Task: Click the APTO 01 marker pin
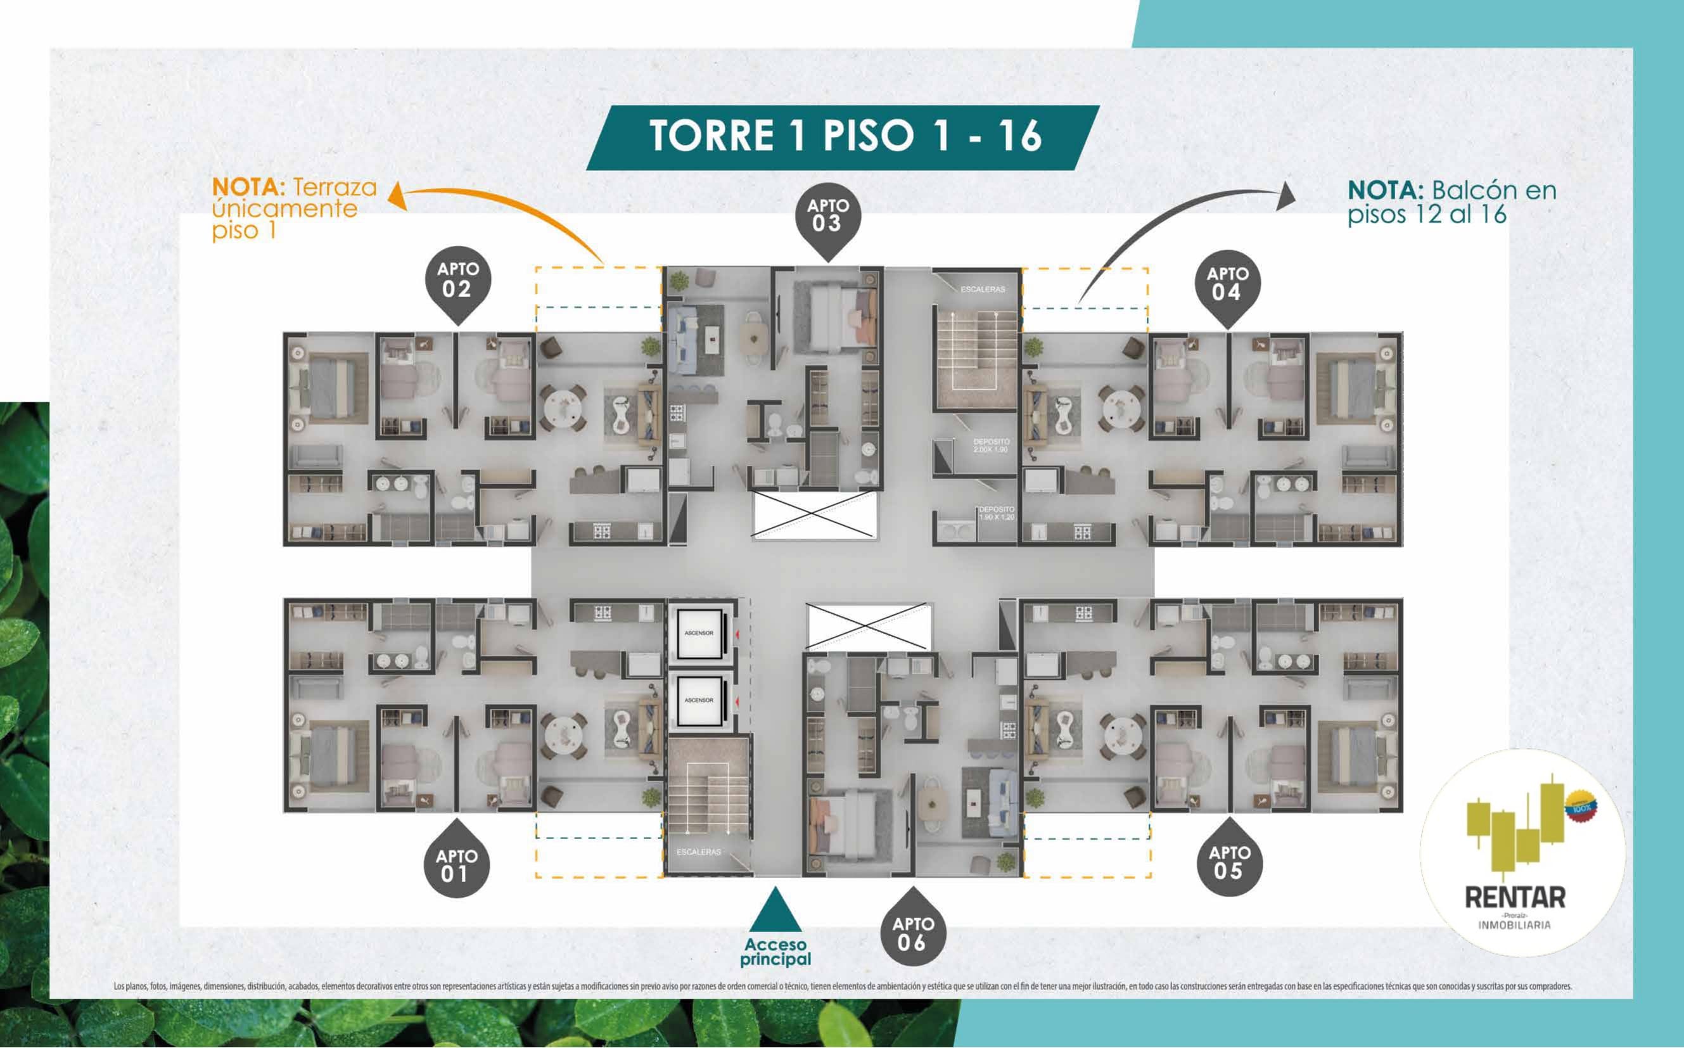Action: point(456,864)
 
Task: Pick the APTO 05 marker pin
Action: point(1229,862)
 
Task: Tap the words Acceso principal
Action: point(775,952)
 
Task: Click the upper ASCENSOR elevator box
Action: point(699,633)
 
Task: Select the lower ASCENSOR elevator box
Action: point(699,700)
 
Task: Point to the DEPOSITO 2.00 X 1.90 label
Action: point(991,445)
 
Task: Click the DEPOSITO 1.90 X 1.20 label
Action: point(996,513)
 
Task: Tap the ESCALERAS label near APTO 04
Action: point(982,289)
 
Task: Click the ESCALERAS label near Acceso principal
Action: point(699,852)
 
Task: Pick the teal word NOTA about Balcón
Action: point(1386,190)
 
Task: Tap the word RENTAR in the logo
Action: point(1515,898)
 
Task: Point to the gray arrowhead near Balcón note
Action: point(1285,195)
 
